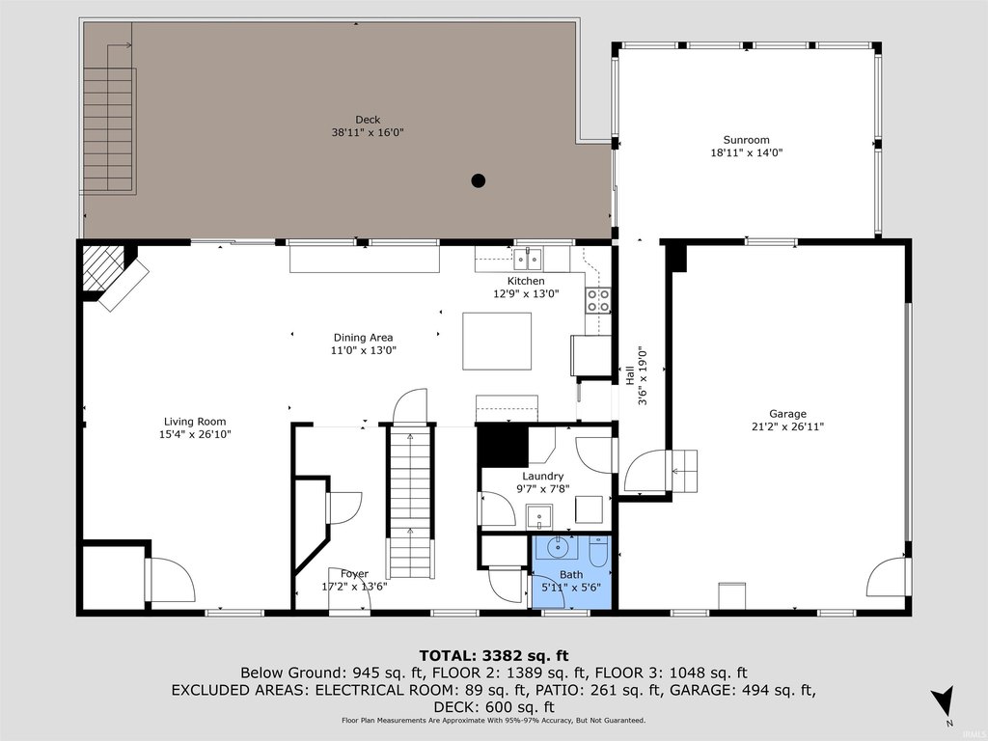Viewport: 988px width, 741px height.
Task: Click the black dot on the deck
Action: pos(479,180)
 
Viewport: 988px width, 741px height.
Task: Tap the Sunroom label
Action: pos(746,140)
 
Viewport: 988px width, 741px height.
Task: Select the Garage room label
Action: pos(787,414)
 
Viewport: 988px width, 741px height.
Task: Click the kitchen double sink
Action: pos(528,259)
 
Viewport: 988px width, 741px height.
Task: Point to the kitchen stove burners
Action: pos(598,300)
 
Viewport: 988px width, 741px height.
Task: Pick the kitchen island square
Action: pos(497,341)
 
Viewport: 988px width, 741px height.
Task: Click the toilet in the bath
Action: pos(598,551)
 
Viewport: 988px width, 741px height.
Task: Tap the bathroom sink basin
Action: pos(557,548)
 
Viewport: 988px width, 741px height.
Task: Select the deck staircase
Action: pos(109,129)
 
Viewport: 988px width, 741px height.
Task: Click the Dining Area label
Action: pos(363,338)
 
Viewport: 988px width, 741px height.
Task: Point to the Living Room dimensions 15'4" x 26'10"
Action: pos(195,434)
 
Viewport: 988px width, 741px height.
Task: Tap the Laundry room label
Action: pos(542,477)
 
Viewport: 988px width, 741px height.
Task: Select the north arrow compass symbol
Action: pos(944,701)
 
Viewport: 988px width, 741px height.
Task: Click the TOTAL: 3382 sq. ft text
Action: pos(494,656)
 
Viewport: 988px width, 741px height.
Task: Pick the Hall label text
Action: pos(629,375)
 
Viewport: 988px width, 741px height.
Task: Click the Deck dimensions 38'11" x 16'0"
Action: pos(368,132)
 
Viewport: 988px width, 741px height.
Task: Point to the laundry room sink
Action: pos(539,517)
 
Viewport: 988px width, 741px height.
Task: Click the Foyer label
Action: pos(354,574)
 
